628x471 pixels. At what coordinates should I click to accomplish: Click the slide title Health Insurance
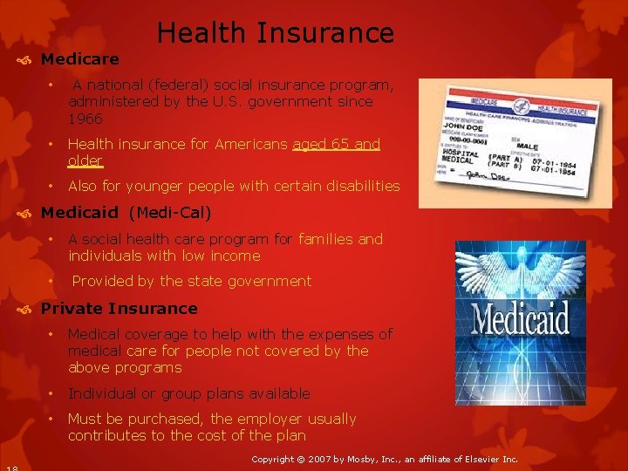tap(275, 33)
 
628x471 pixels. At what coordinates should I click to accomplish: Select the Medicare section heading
tap(79, 59)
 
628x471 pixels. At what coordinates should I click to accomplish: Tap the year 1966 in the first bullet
tap(85, 119)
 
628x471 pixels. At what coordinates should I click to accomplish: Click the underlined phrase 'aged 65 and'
tap(337, 144)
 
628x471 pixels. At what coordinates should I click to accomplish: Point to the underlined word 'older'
tap(85, 160)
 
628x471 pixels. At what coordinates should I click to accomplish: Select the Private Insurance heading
tap(119, 308)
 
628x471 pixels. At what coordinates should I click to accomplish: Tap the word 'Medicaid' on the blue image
tap(521, 319)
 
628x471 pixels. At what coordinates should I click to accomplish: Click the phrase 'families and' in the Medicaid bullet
tap(340, 239)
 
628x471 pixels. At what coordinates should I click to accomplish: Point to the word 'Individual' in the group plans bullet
tap(102, 393)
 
